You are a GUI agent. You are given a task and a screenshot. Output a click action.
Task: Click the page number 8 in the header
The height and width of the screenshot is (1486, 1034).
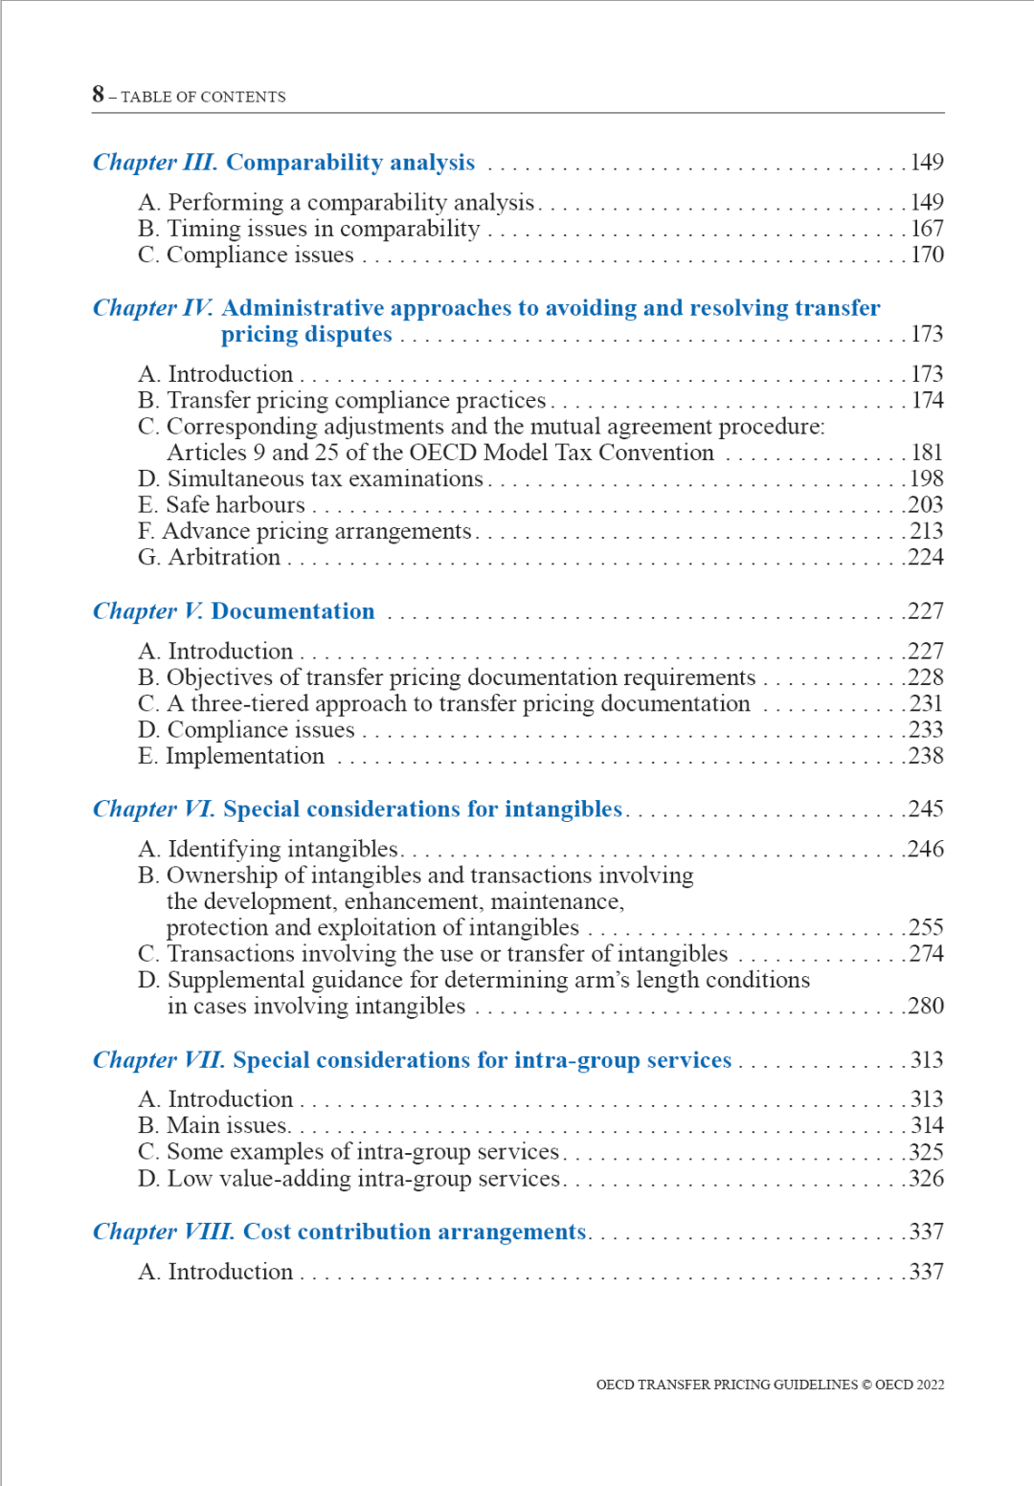pos(98,94)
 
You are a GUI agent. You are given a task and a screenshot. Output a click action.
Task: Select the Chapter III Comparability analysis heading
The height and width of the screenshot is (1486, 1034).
pos(283,163)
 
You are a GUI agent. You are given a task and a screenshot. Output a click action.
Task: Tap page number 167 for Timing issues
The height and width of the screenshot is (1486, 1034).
pos(926,229)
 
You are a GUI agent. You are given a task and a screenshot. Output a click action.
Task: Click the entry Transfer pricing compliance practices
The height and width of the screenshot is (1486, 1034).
pos(342,400)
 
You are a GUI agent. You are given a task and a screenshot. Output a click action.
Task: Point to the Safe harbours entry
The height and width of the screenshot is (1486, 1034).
pos(221,504)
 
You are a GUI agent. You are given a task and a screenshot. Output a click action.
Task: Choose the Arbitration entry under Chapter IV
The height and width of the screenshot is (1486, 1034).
pos(210,557)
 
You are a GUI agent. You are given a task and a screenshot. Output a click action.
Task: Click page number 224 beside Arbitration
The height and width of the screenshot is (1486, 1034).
pos(926,557)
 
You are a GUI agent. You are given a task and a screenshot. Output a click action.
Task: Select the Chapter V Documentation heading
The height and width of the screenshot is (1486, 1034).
pos(234,611)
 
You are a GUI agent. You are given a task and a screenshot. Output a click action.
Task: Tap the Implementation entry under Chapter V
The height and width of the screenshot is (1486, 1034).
pos(232,756)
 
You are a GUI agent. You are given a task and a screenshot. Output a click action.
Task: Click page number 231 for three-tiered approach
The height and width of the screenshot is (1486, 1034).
pos(926,703)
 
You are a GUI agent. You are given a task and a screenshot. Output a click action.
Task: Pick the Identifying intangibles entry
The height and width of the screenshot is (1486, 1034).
pos(268,849)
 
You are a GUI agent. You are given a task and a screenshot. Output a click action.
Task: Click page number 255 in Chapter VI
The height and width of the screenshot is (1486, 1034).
pos(926,927)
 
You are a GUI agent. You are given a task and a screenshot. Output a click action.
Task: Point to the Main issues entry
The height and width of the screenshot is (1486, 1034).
pos(214,1125)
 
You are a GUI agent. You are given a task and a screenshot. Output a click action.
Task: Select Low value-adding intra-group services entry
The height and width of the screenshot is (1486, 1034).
pos(348,1179)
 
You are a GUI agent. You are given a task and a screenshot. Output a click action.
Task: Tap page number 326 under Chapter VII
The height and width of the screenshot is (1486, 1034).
pos(926,1179)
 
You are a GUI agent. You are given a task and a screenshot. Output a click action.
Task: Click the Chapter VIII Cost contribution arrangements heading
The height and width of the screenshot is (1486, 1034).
pos(339,1231)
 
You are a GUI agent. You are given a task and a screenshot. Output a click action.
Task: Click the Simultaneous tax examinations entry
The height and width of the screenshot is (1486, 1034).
pos(310,478)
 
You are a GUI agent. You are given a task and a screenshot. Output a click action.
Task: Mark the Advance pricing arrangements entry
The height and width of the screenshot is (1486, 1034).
pos(304,531)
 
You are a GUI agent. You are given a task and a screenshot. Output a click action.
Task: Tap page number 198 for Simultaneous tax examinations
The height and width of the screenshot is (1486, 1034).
pos(926,478)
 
